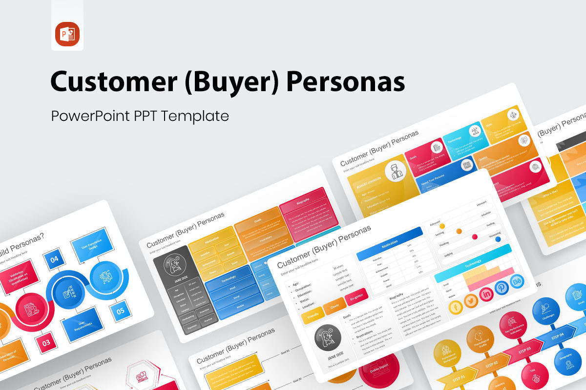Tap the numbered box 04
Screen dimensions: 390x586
[54, 260]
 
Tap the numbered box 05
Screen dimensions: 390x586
[120, 310]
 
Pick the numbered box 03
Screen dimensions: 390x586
[46, 342]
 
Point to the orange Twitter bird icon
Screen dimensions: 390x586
[471, 301]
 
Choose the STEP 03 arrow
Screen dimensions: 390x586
[524, 350]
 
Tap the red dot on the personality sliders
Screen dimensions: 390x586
[475, 236]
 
